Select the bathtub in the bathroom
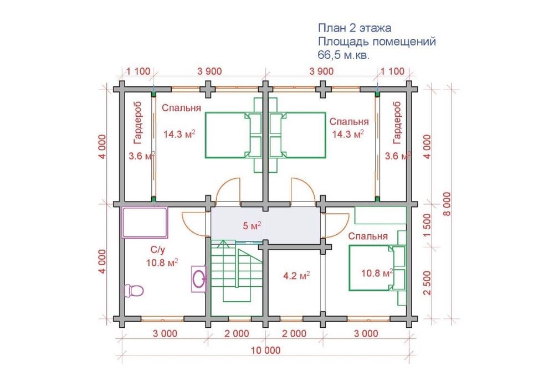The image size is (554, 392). coord(145,223)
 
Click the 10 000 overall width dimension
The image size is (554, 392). coord(266,350)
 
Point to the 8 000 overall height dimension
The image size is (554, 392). coord(447,204)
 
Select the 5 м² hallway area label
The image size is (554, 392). coord(252,226)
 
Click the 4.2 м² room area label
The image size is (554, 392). coord(297,276)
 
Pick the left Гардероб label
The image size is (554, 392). coord(138,122)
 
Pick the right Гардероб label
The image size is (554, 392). coord(397,122)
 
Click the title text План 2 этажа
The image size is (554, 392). coord(355,28)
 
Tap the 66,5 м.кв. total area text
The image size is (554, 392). coord(343,55)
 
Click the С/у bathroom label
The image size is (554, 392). coord(158,250)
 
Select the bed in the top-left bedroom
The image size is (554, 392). coord(233,135)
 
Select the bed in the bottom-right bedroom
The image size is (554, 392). coord(377,268)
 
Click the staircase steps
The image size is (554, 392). coord(236,271)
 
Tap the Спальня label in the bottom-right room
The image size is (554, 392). coord(368,236)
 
